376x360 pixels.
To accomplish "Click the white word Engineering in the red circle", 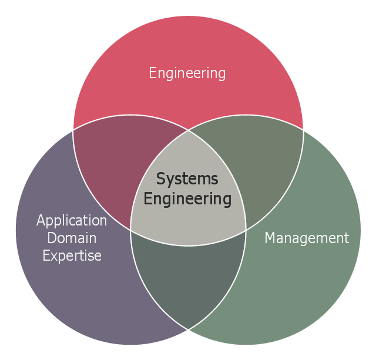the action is (x=187, y=73).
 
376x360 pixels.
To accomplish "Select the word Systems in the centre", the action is (x=187, y=179).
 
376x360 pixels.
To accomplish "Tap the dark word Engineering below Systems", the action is (x=187, y=199).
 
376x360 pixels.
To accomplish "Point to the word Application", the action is (x=72, y=220).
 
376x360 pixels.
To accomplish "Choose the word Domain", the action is (x=72, y=238).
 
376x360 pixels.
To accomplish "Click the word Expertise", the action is (x=72, y=255).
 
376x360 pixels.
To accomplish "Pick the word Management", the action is (x=307, y=238).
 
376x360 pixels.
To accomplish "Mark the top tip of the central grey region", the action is (x=188, y=130).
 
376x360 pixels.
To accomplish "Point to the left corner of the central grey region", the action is (x=130, y=230).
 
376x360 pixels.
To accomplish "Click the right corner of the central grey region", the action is (x=246, y=230).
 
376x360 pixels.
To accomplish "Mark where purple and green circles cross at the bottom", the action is (x=188, y=329).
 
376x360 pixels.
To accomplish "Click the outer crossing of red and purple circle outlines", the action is (x=73, y=130).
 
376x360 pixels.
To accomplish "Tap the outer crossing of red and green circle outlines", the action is (x=303, y=130).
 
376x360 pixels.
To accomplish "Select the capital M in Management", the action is (x=270, y=238).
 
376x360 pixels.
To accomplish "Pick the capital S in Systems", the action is (x=160, y=179).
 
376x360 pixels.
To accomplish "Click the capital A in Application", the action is (x=41, y=220).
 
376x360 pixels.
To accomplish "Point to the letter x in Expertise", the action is (x=54, y=257).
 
